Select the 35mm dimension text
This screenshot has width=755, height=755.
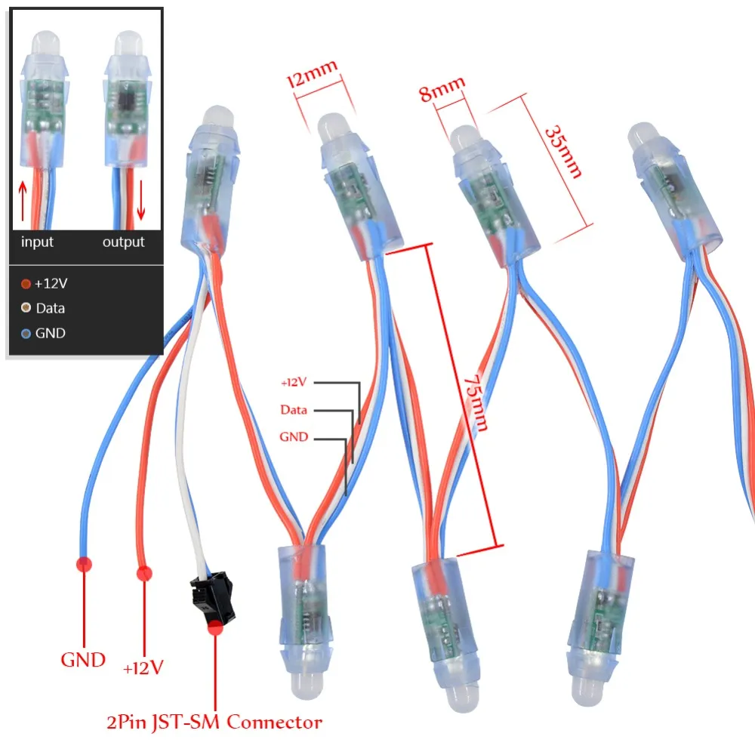tap(563, 151)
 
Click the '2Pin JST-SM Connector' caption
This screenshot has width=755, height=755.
tap(214, 723)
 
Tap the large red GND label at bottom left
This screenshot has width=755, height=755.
tap(83, 660)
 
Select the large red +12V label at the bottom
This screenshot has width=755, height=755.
tap(143, 667)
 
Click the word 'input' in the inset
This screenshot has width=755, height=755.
tap(37, 242)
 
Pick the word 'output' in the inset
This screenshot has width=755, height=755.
tap(123, 242)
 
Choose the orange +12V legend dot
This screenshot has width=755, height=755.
tap(26, 284)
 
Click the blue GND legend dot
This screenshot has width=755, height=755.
tap(26, 333)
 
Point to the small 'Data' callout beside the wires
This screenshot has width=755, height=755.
tap(294, 410)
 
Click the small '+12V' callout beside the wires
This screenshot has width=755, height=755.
tap(293, 383)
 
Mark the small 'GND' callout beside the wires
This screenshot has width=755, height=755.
tap(294, 436)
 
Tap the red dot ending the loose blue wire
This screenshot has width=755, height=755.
tap(83, 562)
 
